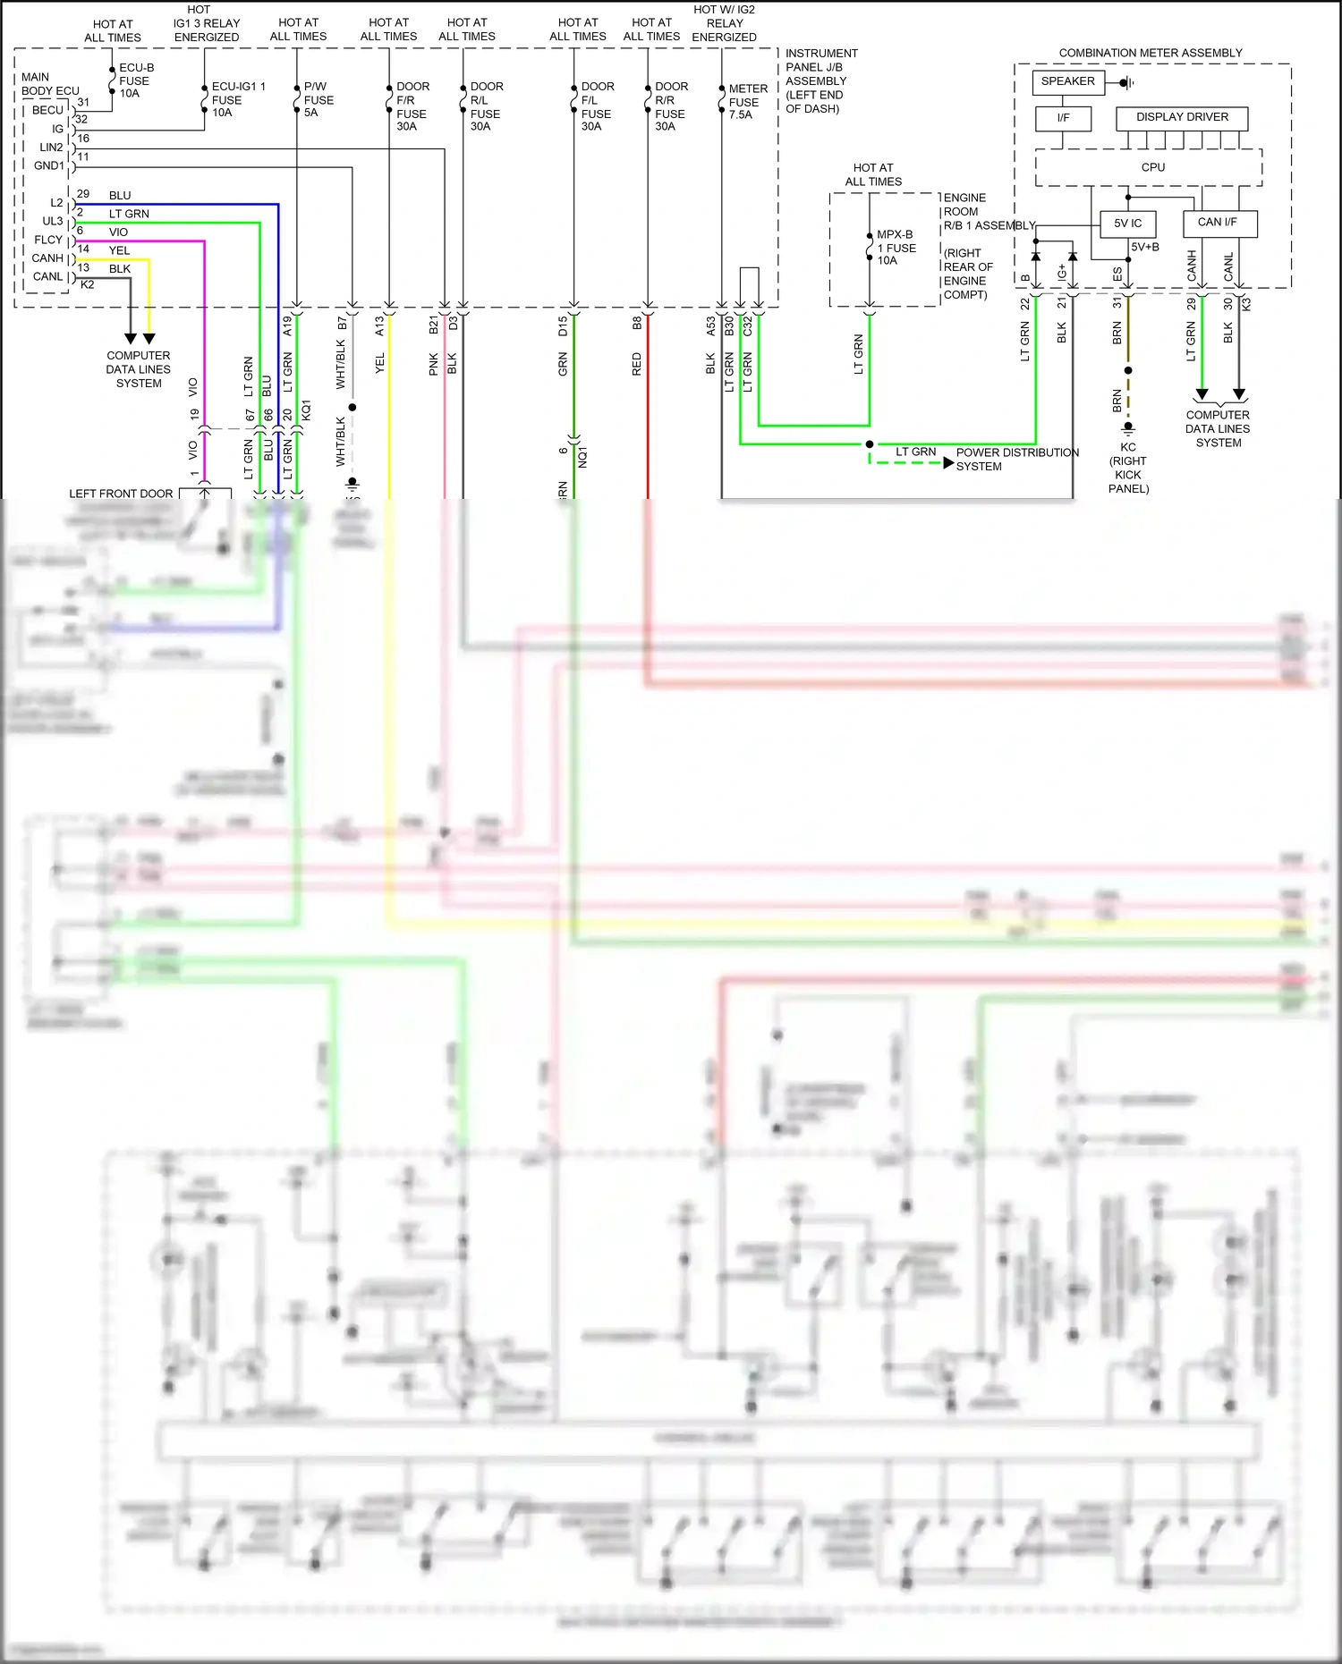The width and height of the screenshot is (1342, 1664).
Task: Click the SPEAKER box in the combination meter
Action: (x=1068, y=81)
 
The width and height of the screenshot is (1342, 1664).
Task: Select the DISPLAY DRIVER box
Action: (x=1182, y=117)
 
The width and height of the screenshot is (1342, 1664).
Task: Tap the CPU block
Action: (x=1152, y=167)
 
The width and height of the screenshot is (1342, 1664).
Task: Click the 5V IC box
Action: (x=1127, y=224)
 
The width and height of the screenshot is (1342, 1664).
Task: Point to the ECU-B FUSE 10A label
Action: (x=135, y=80)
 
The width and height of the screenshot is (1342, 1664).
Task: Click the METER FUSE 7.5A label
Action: (x=747, y=102)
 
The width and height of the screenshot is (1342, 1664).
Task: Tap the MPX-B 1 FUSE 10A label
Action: (x=896, y=248)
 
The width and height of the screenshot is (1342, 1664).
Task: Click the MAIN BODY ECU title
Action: (x=49, y=84)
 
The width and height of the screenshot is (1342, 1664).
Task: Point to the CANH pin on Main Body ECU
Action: (x=47, y=258)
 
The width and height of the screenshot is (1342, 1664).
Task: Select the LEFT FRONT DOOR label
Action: (x=121, y=494)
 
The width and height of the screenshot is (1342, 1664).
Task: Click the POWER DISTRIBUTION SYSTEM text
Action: (x=1016, y=460)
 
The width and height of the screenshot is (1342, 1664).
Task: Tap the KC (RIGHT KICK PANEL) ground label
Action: (x=1128, y=468)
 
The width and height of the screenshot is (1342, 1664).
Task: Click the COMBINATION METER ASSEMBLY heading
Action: (x=1151, y=53)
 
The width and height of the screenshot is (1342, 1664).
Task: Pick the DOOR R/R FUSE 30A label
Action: (x=670, y=106)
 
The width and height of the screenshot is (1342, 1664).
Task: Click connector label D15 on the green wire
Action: (x=563, y=326)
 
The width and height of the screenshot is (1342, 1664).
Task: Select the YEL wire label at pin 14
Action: (x=119, y=250)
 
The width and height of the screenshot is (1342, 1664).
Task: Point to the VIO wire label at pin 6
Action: (x=118, y=232)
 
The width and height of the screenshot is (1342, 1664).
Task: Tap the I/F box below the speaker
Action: (x=1063, y=118)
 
